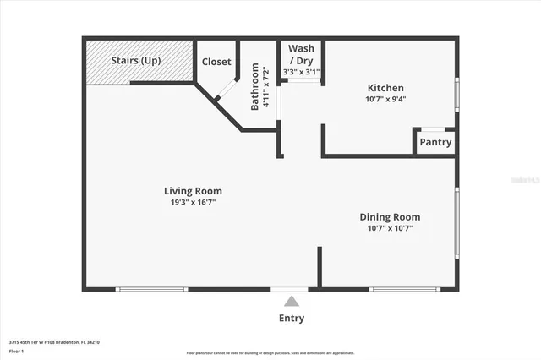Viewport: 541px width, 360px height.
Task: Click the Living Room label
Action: pyautogui.click(x=193, y=191)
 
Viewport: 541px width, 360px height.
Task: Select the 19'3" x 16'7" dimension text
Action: pyautogui.click(x=193, y=203)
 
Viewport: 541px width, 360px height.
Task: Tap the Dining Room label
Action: pyautogui.click(x=390, y=217)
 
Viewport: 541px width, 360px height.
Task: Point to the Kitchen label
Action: pyautogui.click(x=385, y=88)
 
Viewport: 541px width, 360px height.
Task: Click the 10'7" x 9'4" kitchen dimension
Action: pyautogui.click(x=385, y=99)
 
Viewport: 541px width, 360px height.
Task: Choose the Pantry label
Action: pyautogui.click(x=435, y=142)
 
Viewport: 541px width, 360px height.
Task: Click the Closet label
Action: pyautogui.click(x=216, y=62)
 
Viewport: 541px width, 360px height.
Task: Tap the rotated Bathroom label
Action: pyautogui.click(x=254, y=88)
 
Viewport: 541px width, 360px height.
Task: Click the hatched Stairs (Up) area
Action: pyautogui.click(x=139, y=61)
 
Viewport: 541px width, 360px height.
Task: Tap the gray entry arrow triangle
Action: pyautogui.click(x=292, y=301)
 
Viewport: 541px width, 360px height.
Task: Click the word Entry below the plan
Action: pyautogui.click(x=292, y=319)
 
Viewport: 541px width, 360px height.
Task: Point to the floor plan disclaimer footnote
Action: pyautogui.click(x=270, y=352)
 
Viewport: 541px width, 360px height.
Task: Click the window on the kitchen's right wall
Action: pyautogui.click(x=456, y=95)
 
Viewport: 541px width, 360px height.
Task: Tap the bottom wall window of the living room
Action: pyautogui.click(x=151, y=290)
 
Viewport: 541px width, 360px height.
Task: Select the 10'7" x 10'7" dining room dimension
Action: pyautogui.click(x=390, y=228)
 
